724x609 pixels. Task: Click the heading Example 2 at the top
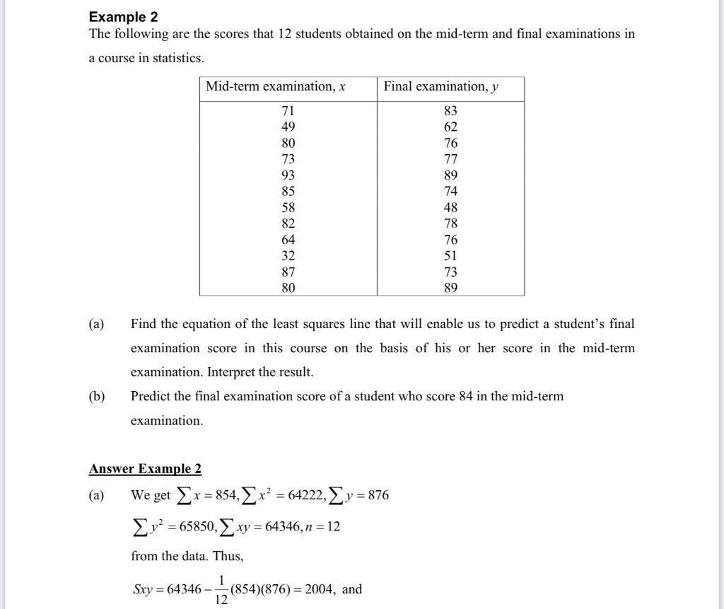[123, 16]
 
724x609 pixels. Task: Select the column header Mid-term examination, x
[275, 86]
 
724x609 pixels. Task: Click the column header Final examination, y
[440, 86]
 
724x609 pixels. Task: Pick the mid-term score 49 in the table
[288, 127]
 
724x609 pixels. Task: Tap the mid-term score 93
[288, 175]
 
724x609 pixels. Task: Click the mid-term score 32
[288, 255]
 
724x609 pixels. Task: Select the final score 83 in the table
[450, 110]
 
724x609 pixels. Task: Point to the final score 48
[450, 207]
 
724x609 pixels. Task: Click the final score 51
[450, 255]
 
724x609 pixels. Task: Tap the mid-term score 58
[288, 207]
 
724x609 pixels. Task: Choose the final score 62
[450, 127]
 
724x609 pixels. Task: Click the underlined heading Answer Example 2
[145, 469]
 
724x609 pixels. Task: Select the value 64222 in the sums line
[307, 495]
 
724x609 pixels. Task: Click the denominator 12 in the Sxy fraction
[221, 601]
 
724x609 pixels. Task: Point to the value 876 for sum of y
[378, 495]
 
